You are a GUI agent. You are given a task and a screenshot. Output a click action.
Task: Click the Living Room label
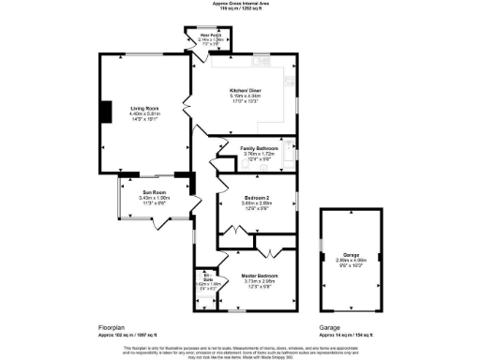[145, 109]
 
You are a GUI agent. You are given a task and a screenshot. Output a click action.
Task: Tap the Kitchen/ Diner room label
[245, 90]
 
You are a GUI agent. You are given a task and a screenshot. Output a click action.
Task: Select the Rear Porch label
[210, 37]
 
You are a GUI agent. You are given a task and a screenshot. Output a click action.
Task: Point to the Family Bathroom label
[259, 148]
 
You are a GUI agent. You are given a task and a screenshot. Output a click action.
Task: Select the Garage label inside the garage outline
[351, 255]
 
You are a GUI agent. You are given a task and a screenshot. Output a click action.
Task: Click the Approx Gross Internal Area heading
[239, 4]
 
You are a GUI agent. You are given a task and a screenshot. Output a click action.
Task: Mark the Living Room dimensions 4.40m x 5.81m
[145, 115]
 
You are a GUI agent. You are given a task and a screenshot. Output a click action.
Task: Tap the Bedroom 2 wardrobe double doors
[268, 251]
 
